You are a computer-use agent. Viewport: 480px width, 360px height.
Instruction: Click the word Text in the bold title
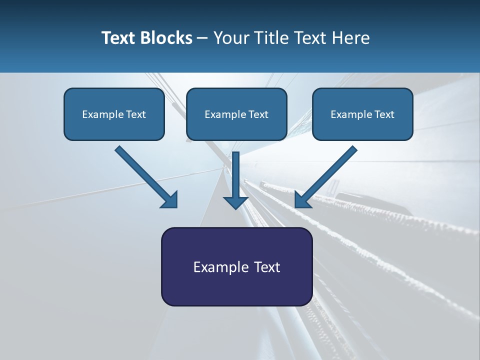coord(120,38)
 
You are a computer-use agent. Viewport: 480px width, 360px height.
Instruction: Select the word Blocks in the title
coord(167,38)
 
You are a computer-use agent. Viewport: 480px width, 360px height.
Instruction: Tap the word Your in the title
coord(232,38)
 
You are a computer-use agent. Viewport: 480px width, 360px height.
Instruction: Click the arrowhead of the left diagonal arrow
coord(170,200)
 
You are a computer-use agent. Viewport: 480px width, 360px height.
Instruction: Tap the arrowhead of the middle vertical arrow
coord(235,202)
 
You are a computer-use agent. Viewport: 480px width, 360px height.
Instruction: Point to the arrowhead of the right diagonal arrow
coord(302,200)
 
